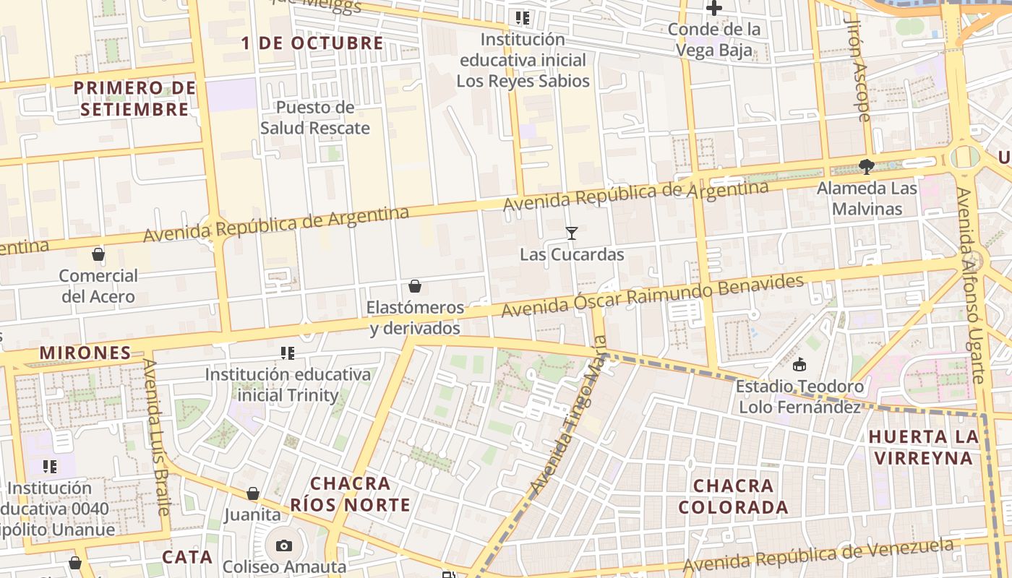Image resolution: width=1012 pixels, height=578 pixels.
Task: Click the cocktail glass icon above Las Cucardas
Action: tap(572, 233)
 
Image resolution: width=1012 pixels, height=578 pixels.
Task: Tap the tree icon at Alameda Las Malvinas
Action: tap(867, 167)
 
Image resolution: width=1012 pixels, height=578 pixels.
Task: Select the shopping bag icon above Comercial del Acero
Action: tap(98, 254)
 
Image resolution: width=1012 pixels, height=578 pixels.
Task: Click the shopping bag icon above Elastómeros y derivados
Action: tap(415, 286)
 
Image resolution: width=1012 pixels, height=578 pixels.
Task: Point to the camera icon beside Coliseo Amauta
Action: tap(284, 545)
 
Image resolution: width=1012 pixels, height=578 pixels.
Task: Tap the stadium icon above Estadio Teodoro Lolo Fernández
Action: tap(799, 365)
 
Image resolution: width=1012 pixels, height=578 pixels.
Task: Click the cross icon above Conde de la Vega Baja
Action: tap(714, 9)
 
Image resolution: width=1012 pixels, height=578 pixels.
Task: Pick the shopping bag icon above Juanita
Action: tap(252, 493)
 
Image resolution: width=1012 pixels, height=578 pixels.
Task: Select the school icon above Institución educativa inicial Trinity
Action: tap(288, 353)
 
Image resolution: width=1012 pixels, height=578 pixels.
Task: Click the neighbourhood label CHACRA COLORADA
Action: tap(734, 496)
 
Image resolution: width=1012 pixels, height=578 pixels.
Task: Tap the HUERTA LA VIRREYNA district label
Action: tap(924, 447)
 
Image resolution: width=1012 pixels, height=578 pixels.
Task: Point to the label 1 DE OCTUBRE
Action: tap(312, 43)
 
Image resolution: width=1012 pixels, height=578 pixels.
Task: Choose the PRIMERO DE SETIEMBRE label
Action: tap(135, 99)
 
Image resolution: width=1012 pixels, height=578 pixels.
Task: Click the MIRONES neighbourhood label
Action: tap(85, 353)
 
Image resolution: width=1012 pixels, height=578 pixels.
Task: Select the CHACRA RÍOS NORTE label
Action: tap(351, 494)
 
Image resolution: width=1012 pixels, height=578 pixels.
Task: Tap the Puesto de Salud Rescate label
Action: tap(315, 118)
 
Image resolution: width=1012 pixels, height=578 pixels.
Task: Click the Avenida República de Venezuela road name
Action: tap(818, 555)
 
